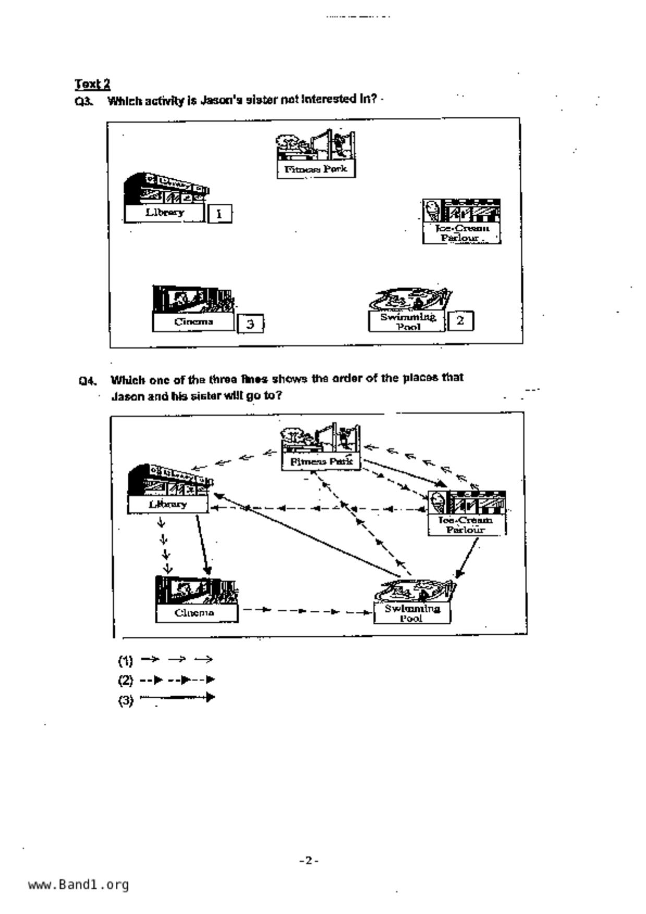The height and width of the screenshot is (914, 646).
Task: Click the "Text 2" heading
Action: (92, 84)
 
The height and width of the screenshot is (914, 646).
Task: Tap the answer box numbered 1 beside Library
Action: (220, 214)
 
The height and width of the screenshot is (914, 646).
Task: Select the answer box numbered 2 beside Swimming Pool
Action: (460, 320)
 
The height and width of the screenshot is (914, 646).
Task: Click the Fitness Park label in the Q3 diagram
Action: (316, 169)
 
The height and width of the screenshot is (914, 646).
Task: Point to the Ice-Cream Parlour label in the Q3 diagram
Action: (461, 233)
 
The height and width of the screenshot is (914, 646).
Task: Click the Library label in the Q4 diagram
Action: (167, 504)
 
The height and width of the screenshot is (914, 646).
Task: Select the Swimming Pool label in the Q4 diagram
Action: (412, 613)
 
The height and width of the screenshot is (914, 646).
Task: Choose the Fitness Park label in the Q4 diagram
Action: (321, 462)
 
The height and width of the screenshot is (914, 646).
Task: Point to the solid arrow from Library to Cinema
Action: (202, 545)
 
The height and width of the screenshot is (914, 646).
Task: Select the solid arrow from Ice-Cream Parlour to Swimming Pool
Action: (467, 558)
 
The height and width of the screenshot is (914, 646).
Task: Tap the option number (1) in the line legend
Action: (125, 661)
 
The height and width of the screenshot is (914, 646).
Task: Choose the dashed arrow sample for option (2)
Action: (177, 680)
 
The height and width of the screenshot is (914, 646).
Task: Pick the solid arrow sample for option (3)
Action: (177, 697)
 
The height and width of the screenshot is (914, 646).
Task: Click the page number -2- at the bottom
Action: (309, 860)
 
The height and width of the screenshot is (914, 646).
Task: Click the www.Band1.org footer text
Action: (78, 885)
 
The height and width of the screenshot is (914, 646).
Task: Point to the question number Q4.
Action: (87, 381)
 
